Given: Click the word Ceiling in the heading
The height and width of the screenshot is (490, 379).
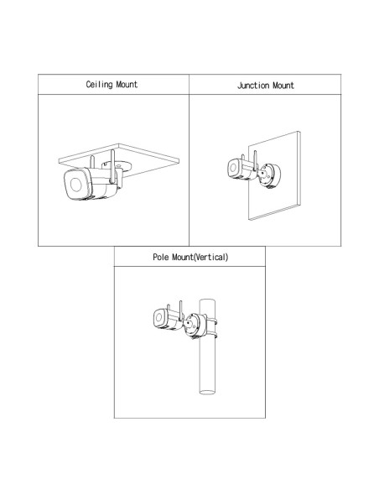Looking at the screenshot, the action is [99, 85].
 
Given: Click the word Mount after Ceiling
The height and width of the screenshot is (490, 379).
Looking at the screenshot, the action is [127, 85].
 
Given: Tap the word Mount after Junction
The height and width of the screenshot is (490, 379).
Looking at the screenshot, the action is [283, 86].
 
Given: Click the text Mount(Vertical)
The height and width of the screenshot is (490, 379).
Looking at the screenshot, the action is [200, 258].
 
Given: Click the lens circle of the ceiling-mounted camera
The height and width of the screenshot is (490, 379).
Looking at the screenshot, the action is [75, 185].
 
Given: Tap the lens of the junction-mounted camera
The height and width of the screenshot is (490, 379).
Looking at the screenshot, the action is [233, 168].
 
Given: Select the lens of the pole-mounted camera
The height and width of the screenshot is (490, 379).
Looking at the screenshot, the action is [158, 317].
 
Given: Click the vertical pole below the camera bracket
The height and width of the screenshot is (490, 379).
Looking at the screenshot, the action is [207, 366].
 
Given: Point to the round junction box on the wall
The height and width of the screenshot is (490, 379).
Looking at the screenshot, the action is [269, 175].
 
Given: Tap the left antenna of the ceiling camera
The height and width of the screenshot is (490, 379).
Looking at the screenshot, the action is [92, 162].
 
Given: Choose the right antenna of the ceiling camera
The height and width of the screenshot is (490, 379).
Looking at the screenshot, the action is [112, 165].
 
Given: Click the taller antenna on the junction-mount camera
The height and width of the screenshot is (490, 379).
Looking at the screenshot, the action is [255, 160].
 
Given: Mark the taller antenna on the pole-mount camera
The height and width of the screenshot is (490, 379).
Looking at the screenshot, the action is [180, 311].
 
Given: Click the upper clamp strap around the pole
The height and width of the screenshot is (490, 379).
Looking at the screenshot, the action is [211, 320].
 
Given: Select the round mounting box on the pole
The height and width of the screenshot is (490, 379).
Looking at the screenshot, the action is [195, 326].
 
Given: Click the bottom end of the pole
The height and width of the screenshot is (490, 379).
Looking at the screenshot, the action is [207, 392].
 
